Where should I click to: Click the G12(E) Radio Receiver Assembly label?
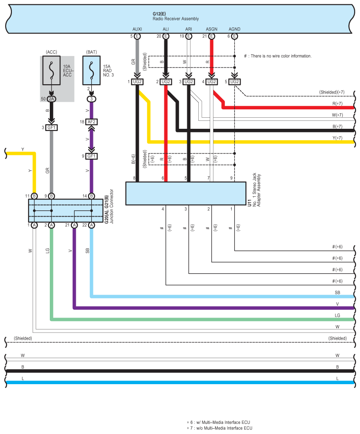pos(175,16)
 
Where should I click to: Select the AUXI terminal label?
pos(137,29)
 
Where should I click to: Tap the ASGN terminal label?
pos(212,29)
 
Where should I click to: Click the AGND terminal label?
pos(234,29)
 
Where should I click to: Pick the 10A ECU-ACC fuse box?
pos(52,70)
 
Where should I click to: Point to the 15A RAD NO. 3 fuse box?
pos(92,70)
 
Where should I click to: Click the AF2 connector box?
pos(92,122)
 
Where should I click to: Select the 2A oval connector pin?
pos(52,99)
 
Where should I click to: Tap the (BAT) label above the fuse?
pos(92,52)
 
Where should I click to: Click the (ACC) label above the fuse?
pos(52,52)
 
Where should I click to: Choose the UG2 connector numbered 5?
pos(234,82)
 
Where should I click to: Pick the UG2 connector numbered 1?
pos(137,82)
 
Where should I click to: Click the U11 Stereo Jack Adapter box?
pos(186,193)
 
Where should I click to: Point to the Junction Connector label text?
pos(112,206)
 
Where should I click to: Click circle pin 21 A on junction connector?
pos(74,225)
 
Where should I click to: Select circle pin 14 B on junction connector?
pos(92,196)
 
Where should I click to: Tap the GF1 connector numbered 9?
pos(92,156)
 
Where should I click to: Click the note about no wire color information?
pos(278,56)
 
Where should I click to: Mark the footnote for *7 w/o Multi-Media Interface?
pos(219,428)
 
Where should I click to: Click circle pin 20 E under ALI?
pos(166,36)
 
